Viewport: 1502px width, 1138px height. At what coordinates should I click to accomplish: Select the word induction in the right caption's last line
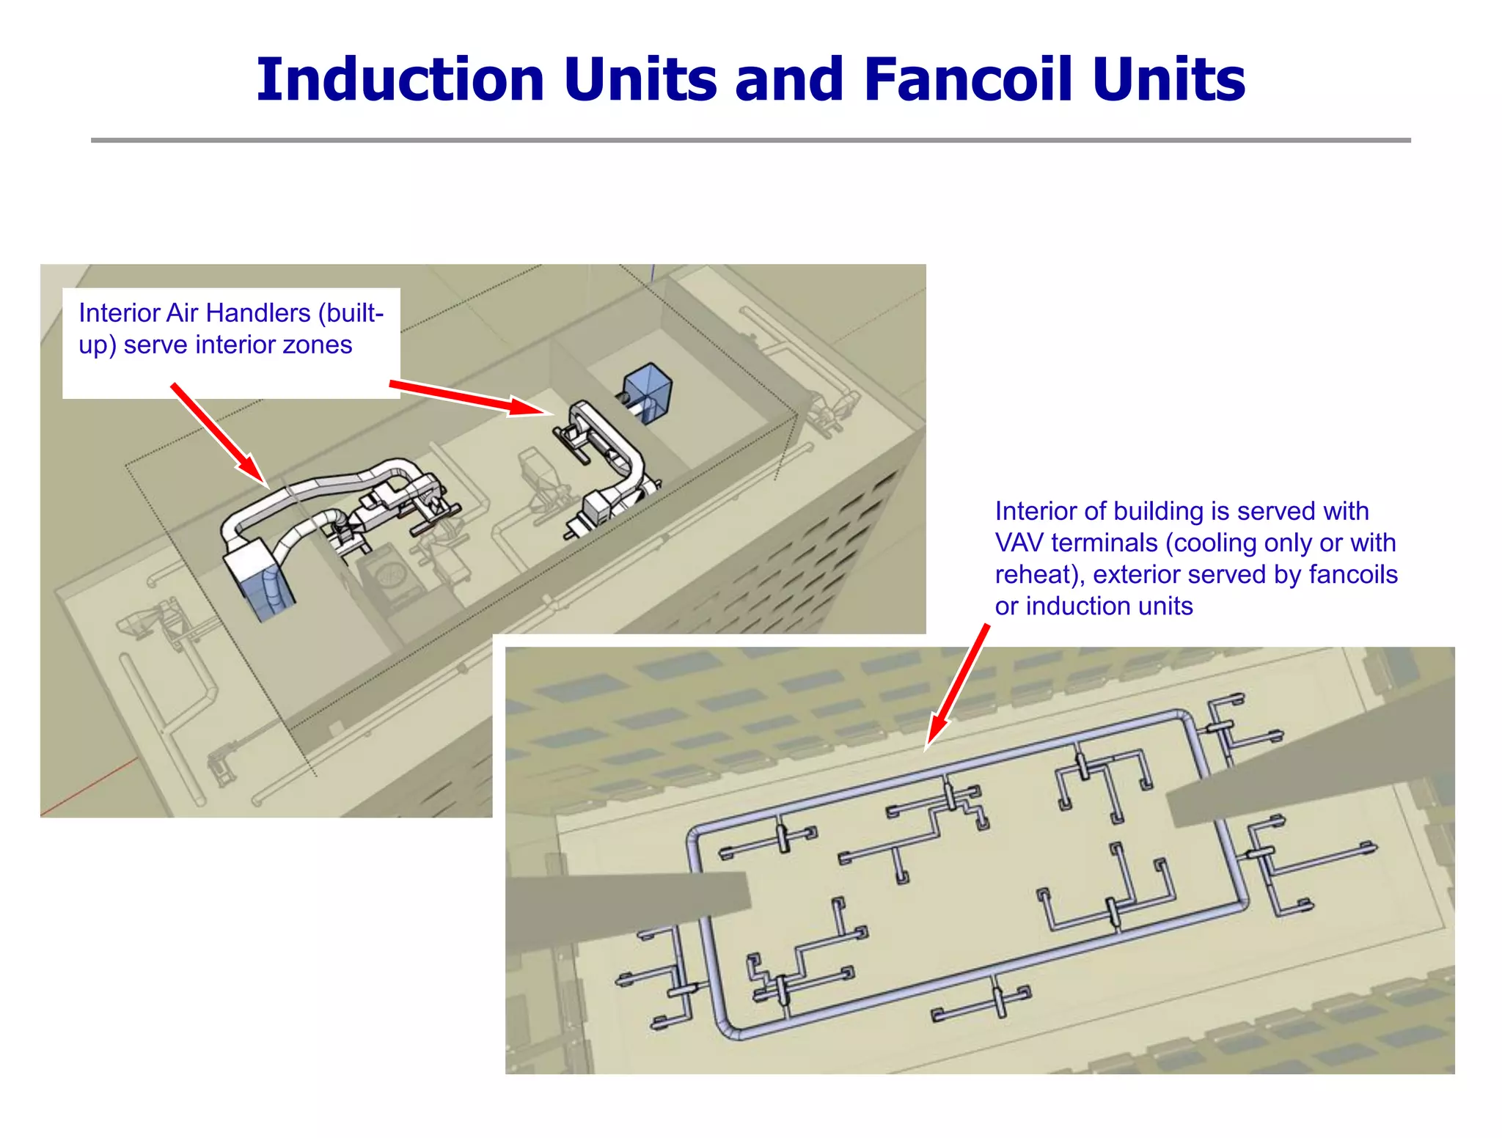pos(1073,606)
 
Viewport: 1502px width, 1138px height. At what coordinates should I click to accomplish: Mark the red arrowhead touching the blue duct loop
pos(934,733)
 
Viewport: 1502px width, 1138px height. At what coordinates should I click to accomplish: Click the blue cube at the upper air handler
pos(649,389)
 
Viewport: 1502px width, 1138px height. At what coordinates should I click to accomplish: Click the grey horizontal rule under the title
pos(750,140)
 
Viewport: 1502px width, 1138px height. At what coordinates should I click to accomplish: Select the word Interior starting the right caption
pos(1037,511)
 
